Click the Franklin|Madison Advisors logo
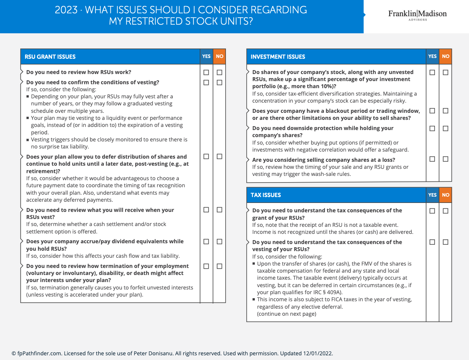(417, 15)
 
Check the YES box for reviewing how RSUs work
(206, 72)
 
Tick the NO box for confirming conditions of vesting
(220, 82)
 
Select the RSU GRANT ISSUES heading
(50, 57)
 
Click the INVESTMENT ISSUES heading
(278, 57)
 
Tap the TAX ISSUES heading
(266, 195)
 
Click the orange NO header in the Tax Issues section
(446, 195)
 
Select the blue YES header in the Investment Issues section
(433, 56)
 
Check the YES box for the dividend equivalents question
(206, 242)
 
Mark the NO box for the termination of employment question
(220, 266)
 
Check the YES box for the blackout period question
(432, 111)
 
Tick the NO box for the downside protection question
(446, 128)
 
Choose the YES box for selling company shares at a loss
(432, 159)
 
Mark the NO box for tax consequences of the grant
(446, 211)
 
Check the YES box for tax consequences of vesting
(432, 242)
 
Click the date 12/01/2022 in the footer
(318, 353)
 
